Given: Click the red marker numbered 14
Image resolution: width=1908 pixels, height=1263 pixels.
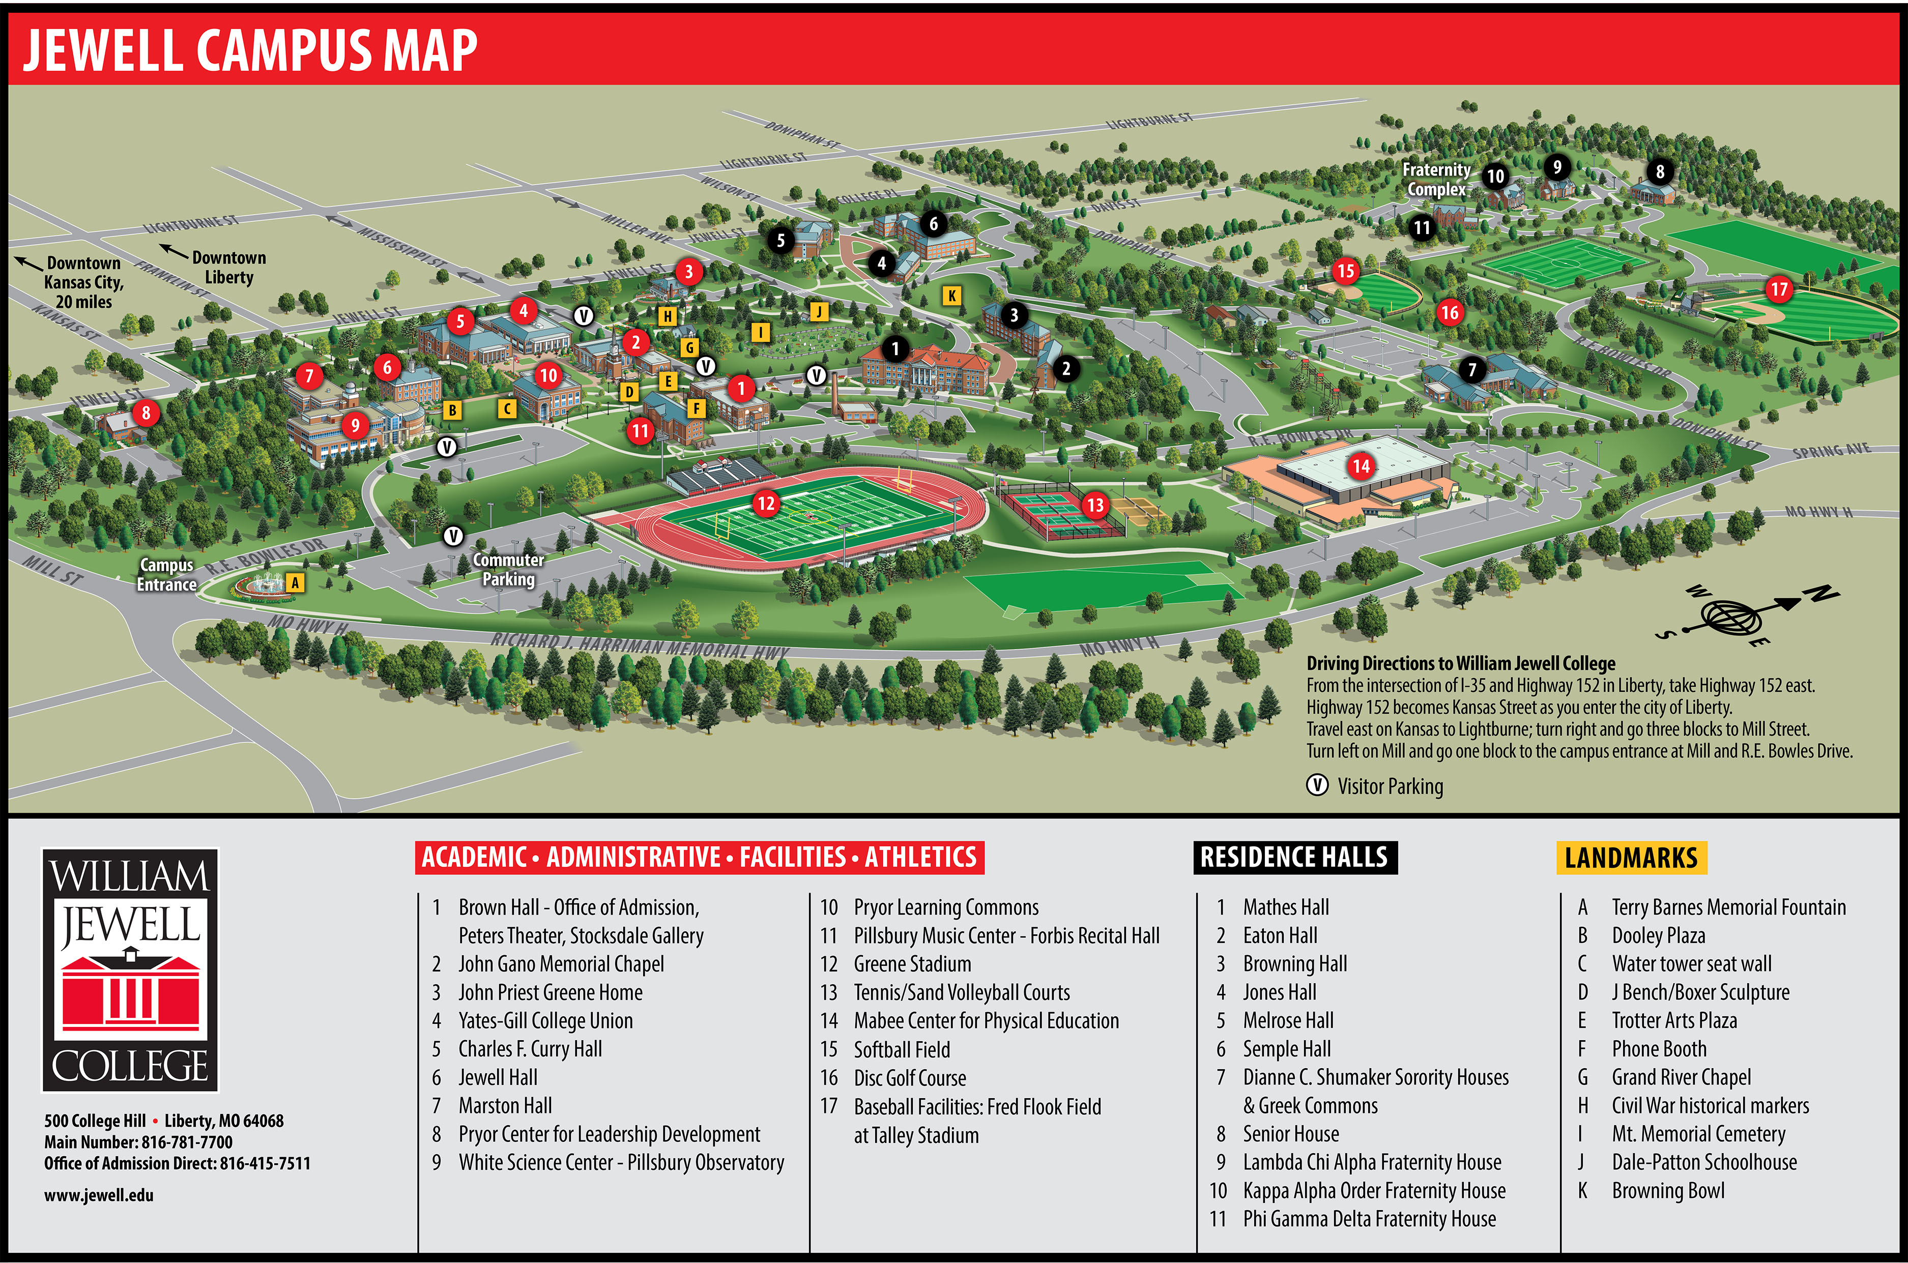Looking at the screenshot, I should coord(1361,465).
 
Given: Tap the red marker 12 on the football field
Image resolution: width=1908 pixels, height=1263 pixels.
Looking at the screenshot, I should coord(765,504).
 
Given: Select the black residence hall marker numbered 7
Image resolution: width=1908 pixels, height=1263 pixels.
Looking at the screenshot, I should coord(1472,370).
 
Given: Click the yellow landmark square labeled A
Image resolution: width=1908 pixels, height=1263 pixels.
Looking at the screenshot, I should coord(296,582).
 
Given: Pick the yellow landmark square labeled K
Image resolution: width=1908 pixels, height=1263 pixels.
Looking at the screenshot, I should coord(951,296).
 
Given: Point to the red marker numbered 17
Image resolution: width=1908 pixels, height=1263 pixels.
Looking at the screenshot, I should coord(1778,289).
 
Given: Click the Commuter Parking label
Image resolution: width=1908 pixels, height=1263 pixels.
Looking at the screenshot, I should coord(508,570).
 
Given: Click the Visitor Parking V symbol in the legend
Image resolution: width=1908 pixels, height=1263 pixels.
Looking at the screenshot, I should coord(1317,785).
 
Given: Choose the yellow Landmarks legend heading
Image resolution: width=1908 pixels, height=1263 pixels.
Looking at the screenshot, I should coord(1630,858).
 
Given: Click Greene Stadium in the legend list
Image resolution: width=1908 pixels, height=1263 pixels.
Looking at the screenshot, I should coord(912,964).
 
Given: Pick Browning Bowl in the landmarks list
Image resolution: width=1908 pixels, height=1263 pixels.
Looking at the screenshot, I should coord(1668,1190).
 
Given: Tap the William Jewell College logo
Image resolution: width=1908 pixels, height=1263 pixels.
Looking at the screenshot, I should coord(131,970).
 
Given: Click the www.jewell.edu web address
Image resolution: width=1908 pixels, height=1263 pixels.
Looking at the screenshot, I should coord(98,1195).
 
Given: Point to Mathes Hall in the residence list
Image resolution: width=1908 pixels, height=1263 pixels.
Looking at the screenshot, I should coord(1286,908).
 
